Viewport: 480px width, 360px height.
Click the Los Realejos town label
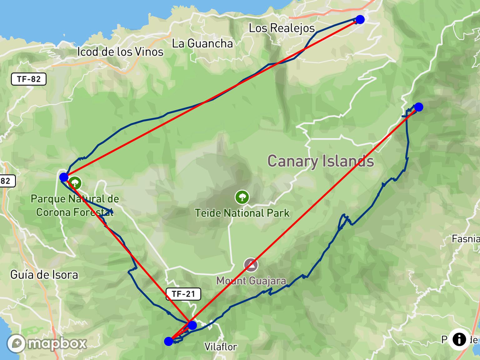(x=282, y=28)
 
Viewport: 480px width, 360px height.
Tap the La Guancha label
(x=202, y=43)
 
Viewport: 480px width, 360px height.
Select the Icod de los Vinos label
(x=120, y=52)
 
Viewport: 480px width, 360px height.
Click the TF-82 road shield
(x=29, y=79)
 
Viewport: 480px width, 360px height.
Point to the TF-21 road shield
(x=183, y=294)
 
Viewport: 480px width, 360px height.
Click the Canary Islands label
(x=321, y=161)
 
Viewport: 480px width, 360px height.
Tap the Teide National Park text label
(x=242, y=213)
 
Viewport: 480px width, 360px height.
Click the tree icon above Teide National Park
(x=242, y=197)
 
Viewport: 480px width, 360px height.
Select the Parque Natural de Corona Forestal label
(x=75, y=205)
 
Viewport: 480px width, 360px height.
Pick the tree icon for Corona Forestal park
(x=75, y=183)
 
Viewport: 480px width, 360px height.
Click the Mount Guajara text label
(x=251, y=281)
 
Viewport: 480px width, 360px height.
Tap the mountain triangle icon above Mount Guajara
(x=251, y=265)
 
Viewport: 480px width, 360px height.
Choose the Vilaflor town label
(x=220, y=347)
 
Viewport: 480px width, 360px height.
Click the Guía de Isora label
(x=44, y=275)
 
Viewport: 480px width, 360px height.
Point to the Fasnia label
(x=465, y=239)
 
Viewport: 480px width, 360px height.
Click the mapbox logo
(x=47, y=343)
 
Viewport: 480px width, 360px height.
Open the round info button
(x=459, y=339)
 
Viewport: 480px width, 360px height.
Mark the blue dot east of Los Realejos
(x=360, y=19)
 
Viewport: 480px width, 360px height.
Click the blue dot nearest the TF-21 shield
(x=192, y=325)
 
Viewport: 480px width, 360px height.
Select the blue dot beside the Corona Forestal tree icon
(x=64, y=177)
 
